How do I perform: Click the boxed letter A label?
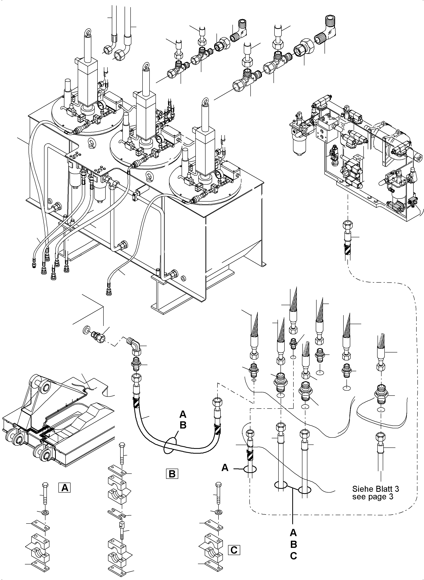click(x=65, y=487)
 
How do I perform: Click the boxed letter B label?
click(x=172, y=473)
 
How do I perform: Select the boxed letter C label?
click(x=234, y=550)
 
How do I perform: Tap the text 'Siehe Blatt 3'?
click(x=376, y=489)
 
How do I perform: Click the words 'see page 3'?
click(x=372, y=497)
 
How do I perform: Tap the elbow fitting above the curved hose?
click(x=133, y=343)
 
